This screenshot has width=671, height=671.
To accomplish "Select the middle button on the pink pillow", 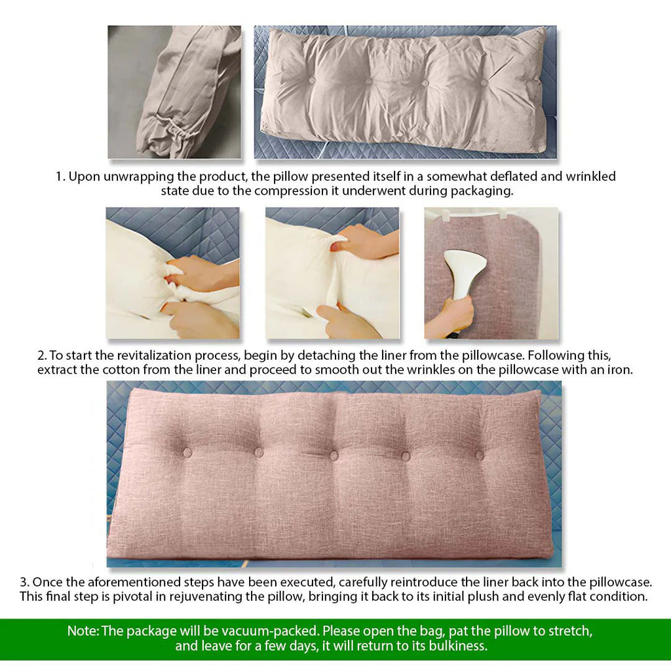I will coord(333,455).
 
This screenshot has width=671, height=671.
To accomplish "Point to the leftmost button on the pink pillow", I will coord(187,452).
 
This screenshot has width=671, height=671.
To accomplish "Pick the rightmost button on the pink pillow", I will coord(480,455).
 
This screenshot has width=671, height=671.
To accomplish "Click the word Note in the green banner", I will coord(83,632).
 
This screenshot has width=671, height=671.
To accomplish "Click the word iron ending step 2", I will coord(621,370).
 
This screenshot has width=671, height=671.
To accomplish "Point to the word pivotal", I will coord(129,597).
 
